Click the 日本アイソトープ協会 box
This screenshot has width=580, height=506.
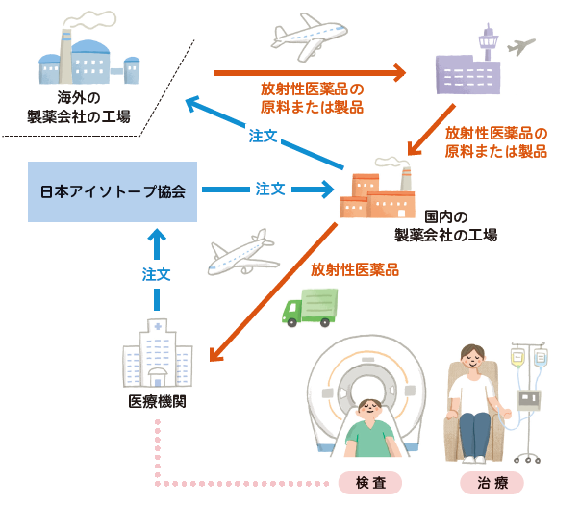point(113,190)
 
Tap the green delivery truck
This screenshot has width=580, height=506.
point(310,307)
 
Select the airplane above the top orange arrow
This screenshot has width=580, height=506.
point(310,34)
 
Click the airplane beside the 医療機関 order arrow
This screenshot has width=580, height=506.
point(242,253)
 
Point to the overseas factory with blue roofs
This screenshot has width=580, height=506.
point(88,59)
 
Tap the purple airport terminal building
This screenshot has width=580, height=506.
point(468,67)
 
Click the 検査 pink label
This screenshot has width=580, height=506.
point(370,481)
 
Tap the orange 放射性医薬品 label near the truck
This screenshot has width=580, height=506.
point(354,270)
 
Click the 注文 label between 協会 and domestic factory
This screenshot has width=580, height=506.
point(269,190)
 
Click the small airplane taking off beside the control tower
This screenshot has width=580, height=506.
point(520,45)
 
